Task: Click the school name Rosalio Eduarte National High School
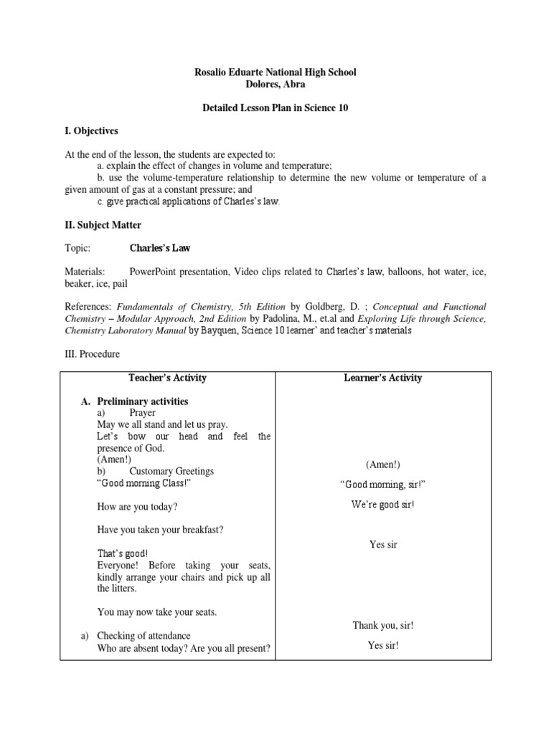click(x=275, y=72)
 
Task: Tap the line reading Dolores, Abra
click(x=275, y=84)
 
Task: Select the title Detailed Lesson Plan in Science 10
click(x=275, y=107)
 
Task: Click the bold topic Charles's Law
click(x=159, y=248)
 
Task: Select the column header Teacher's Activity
click(x=167, y=378)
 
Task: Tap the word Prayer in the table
click(x=142, y=413)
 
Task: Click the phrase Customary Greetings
click(x=171, y=471)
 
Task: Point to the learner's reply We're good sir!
click(x=382, y=505)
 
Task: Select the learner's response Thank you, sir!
click(x=382, y=625)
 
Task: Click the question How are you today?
click(x=137, y=506)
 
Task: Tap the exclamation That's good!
click(x=123, y=553)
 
